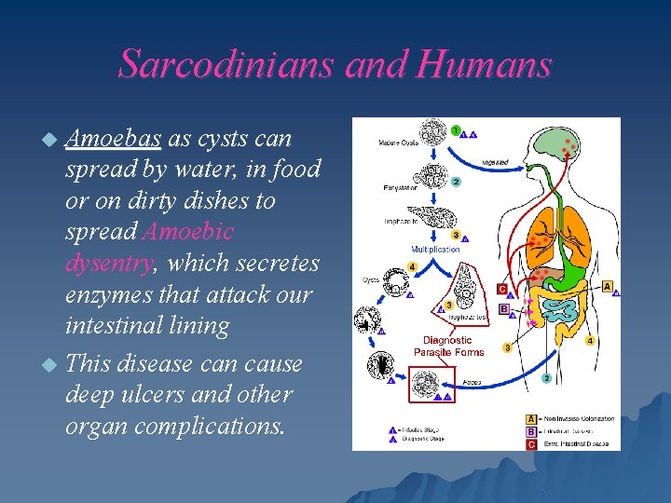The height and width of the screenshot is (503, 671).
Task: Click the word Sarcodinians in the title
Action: [226, 64]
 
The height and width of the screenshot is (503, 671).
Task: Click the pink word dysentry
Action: [108, 264]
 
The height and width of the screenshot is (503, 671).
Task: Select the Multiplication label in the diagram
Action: [434, 250]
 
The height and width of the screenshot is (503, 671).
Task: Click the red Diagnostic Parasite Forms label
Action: [447, 347]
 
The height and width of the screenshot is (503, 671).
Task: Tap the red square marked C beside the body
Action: [502, 290]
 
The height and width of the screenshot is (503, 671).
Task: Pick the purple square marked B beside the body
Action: [503, 308]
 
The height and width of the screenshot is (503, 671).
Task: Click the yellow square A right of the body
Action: [608, 286]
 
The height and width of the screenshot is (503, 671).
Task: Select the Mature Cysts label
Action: [399, 143]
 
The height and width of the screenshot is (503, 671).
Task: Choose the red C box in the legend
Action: [531, 443]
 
